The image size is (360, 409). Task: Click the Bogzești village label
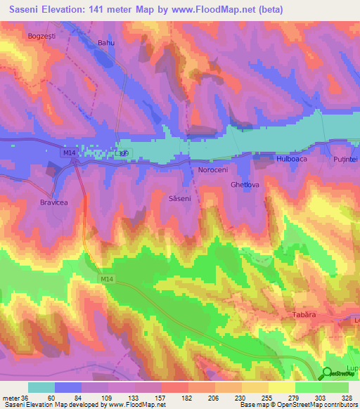40,35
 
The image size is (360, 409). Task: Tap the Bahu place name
105,43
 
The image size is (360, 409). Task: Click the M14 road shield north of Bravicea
68,152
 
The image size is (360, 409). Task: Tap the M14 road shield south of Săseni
106,280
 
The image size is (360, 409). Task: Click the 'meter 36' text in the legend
13,397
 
